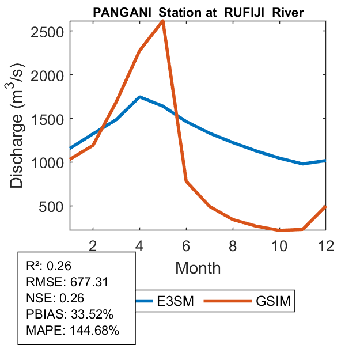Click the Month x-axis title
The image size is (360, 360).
click(198, 267)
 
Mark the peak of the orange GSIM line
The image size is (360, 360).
click(163, 22)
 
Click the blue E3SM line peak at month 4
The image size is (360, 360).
click(140, 97)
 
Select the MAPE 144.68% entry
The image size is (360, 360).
click(72, 331)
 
